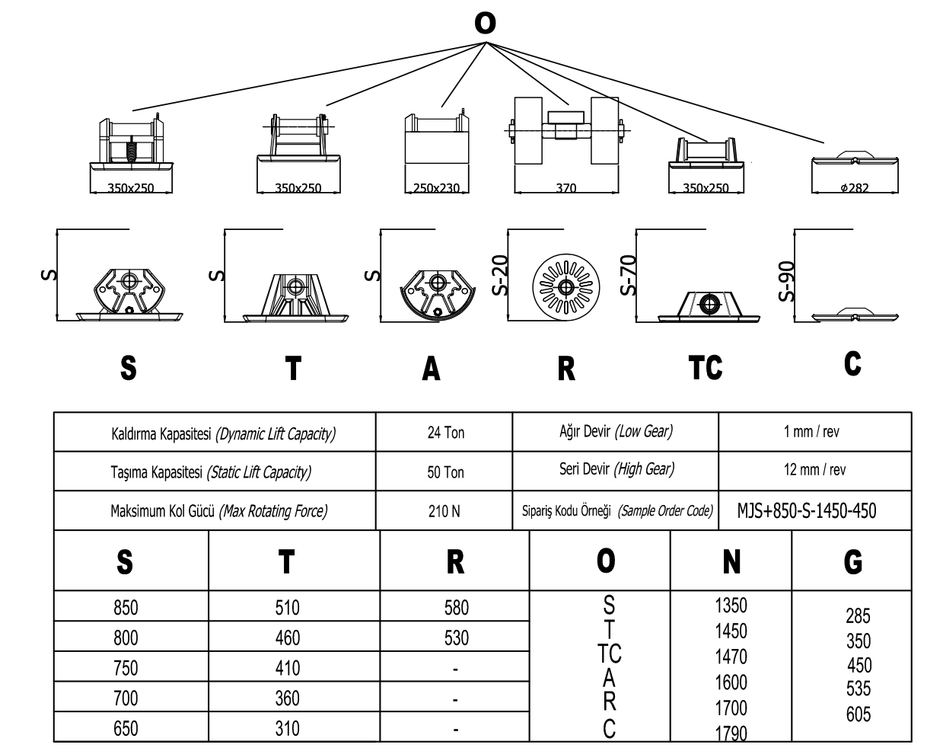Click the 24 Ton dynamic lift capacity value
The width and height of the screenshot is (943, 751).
click(x=445, y=433)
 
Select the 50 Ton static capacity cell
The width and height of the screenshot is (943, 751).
click(x=445, y=472)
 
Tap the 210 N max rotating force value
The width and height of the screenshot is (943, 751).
click(x=444, y=511)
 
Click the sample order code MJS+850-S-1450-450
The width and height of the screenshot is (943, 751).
click(x=806, y=510)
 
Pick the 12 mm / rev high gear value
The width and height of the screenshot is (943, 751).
click(x=814, y=470)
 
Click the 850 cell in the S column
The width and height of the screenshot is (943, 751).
click(x=126, y=608)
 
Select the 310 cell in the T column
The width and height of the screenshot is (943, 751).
click(x=287, y=729)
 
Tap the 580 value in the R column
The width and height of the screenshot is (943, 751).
click(x=456, y=608)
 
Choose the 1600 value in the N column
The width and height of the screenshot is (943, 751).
click(x=731, y=682)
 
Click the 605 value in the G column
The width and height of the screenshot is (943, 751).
click(x=858, y=714)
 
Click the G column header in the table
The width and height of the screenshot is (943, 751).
click(x=853, y=562)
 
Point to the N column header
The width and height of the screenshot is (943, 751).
click(x=731, y=562)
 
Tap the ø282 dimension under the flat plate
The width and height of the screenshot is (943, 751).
click(x=855, y=188)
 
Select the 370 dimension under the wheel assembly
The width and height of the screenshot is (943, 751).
click(x=565, y=188)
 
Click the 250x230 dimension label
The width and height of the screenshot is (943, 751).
click(x=436, y=188)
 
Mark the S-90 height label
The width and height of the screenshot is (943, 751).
click(x=787, y=282)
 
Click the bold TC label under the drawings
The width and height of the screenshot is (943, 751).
click(x=705, y=368)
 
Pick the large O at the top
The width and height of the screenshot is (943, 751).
click(x=485, y=23)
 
